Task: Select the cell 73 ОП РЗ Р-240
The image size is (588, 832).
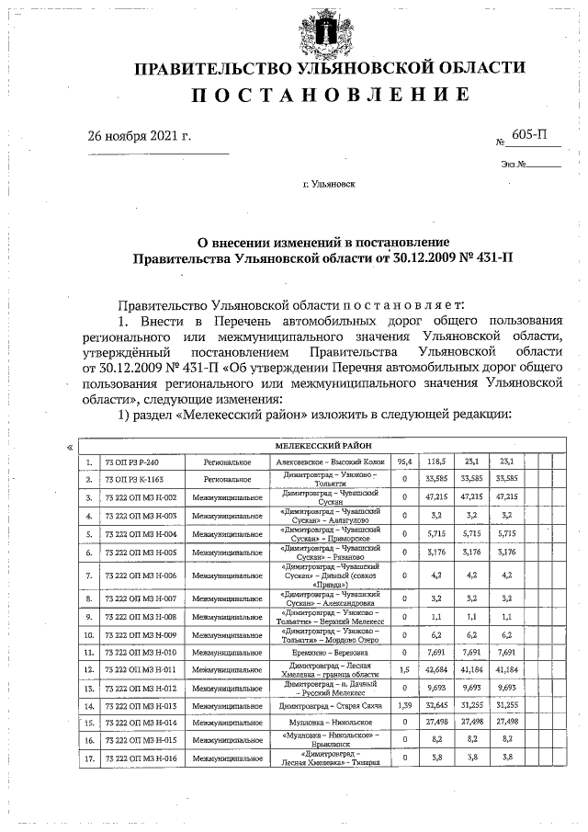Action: point(132,462)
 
